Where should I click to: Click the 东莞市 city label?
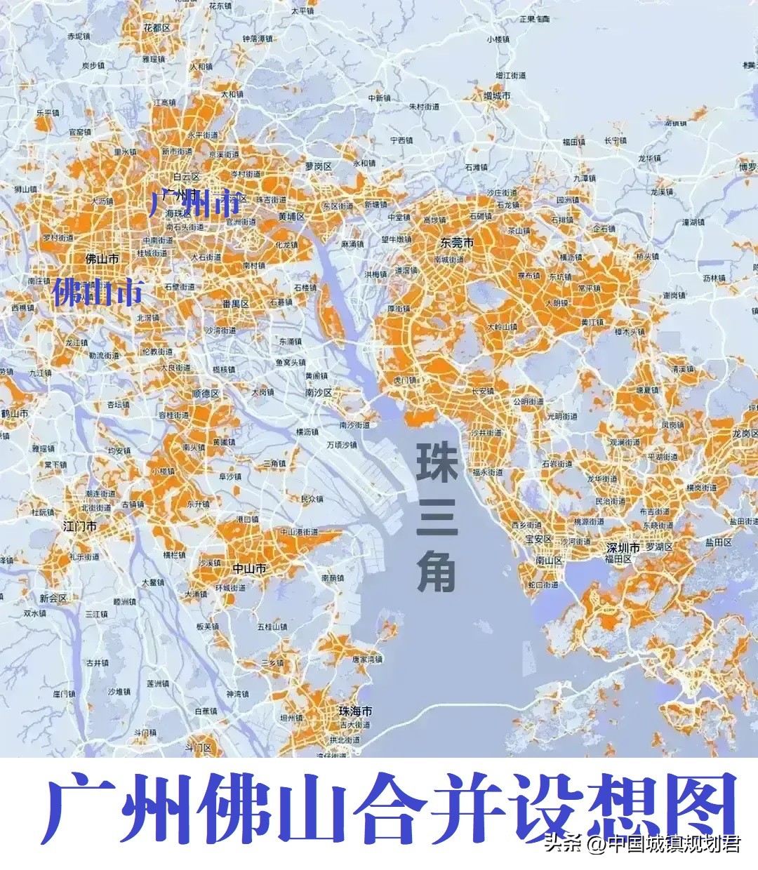click(457, 243)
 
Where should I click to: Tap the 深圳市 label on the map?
click(623, 547)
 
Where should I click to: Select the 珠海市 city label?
click(355, 711)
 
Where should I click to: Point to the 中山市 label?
click(249, 568)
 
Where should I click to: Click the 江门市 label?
click(80, 526)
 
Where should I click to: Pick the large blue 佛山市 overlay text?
click(98, 292)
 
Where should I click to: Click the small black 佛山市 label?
click(102, 259)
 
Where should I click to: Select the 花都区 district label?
click(157, 28)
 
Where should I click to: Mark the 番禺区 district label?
click(236, 304)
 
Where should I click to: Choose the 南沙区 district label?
click(318, 394)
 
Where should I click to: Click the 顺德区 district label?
click(206, 394)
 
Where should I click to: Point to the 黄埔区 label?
click(291, 217)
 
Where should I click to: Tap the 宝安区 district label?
click(538, 540)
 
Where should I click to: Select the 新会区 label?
click(53, 598)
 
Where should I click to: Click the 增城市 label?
click(496, 95)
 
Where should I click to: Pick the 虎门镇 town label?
click(404, 380)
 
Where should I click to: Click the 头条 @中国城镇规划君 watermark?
click(642, 843)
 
